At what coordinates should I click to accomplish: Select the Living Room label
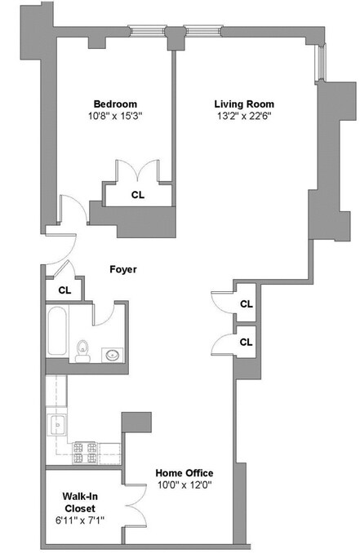243,104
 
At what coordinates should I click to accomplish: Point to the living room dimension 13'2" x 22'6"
243,117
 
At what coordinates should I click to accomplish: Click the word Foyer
123,269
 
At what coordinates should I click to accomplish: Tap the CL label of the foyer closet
64,289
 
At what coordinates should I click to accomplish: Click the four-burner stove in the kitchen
86,447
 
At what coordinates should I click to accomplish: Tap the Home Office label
185,473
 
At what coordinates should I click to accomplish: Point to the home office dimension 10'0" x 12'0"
185,487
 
